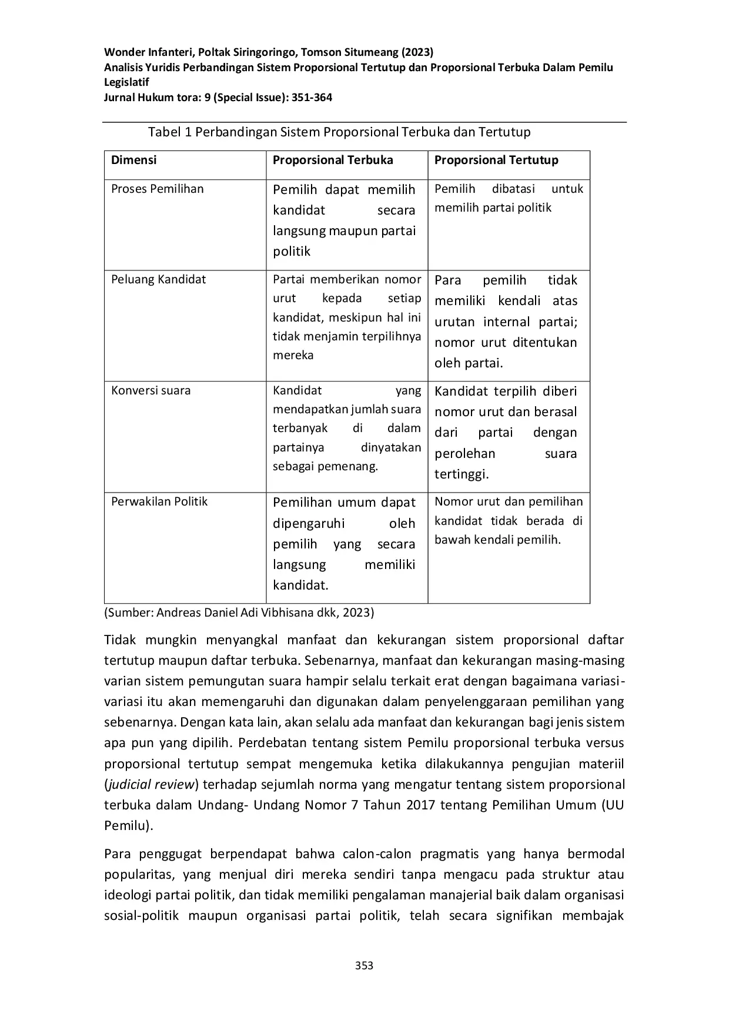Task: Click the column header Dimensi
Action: pos(134,160)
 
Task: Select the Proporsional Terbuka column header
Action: pos(333,160)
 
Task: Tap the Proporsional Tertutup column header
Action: pos(496,160)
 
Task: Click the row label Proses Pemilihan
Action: pos(158,189)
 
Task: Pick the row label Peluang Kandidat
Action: pos(159,279)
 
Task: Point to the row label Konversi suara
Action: pos(151,390)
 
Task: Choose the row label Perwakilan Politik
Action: pos(159,501)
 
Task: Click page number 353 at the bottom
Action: pos(364,965)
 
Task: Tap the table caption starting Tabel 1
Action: pos(339,132)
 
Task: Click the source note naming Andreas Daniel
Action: pos(239,612)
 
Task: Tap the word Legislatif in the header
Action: pos(126,82)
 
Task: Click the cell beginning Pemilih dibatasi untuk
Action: pos(509,198)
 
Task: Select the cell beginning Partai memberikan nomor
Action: pos(347,317)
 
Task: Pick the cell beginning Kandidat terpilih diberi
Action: pos(506,433)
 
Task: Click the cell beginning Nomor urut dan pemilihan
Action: pos(509,520)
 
